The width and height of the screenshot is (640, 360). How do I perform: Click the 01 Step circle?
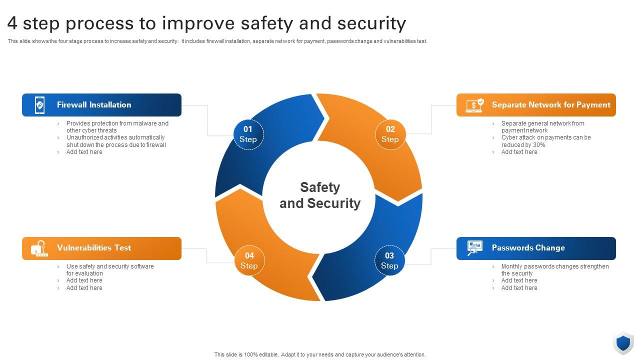248,134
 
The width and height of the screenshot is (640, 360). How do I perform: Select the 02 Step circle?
390,134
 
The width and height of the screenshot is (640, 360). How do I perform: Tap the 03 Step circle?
389,260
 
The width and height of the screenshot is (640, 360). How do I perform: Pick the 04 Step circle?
249,260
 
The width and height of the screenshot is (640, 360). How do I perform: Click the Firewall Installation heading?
94,105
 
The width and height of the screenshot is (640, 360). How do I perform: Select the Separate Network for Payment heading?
551,105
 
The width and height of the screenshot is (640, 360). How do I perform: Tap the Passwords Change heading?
528,248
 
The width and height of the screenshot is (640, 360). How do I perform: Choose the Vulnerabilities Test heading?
94,248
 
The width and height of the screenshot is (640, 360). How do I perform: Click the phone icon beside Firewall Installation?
39,105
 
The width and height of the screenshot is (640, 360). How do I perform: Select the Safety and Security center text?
320,195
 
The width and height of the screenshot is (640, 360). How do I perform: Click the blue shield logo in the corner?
623,343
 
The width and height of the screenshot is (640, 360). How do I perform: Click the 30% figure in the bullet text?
539,145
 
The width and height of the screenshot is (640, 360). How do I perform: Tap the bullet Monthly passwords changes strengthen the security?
554,270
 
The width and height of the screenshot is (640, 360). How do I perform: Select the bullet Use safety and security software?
110,270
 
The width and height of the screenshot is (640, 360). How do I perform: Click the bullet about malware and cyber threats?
117,127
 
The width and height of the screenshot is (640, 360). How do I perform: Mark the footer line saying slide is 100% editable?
320,354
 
